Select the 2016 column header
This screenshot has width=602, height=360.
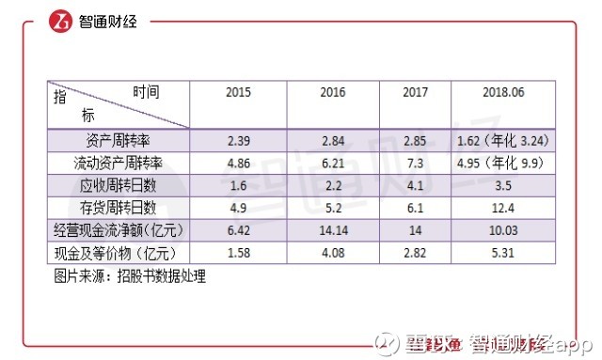coord(332,93)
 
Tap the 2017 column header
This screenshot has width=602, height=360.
coord(415,93)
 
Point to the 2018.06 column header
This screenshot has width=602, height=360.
coord(502,93)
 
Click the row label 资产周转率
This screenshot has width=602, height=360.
coord(118,140)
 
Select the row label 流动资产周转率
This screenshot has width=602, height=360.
coord(118,163)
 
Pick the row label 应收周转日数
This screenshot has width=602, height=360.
coord(118,185)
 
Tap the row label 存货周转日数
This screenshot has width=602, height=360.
coord(118,208)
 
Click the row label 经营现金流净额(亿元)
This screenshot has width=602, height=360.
coord(118,230)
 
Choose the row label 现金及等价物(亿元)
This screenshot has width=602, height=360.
coord(118,253)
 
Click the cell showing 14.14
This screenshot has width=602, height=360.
coord(332,230)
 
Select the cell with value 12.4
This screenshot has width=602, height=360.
coord(502,208)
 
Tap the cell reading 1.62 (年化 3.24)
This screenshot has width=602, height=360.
coord(502,140)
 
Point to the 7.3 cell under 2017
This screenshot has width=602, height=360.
coord(415,163)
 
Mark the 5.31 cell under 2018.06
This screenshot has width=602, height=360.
coord(502,253)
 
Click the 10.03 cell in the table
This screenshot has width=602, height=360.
coord(502,230)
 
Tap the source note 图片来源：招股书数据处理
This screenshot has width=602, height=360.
coord(129,276)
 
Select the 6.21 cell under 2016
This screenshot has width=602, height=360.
coord(332,163)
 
